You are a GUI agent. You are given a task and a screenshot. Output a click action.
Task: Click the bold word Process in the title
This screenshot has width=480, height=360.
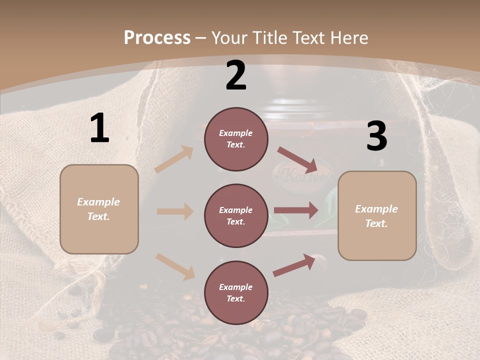point(157,38)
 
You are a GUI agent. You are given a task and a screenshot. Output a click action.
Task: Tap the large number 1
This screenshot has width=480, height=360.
point(99,128)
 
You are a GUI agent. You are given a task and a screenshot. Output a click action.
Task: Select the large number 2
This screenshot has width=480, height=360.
point(236,75)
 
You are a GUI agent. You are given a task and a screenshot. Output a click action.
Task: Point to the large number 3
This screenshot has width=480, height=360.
point(376,136)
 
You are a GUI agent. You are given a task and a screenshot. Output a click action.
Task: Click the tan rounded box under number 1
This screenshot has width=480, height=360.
point(99,209)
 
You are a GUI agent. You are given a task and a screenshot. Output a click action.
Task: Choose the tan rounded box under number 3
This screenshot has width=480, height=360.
point(377,215)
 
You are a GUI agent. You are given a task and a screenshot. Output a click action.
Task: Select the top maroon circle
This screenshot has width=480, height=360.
point(236,139)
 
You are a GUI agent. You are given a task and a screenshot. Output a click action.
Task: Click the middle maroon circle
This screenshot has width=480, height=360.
point(236,216)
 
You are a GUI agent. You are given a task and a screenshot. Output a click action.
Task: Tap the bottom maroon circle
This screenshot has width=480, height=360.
point(236,292)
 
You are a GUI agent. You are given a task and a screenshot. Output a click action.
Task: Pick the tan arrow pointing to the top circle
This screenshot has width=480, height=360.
point(174,159)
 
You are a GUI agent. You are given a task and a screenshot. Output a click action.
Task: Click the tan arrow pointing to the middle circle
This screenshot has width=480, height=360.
point(175,211)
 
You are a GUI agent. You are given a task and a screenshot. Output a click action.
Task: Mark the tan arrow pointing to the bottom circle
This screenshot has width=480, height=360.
point(175,266)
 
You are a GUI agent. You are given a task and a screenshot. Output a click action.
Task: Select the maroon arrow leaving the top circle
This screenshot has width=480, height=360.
point(297,159)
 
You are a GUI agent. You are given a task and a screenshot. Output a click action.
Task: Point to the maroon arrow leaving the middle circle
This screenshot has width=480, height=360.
point(296,210)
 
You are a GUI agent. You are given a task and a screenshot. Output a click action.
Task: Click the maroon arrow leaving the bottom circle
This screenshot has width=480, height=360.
point(294,264)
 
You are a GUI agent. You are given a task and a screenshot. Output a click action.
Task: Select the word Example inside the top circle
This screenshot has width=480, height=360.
point(236,133)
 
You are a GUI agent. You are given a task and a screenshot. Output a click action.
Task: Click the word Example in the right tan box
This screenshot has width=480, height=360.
point(376,209)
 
